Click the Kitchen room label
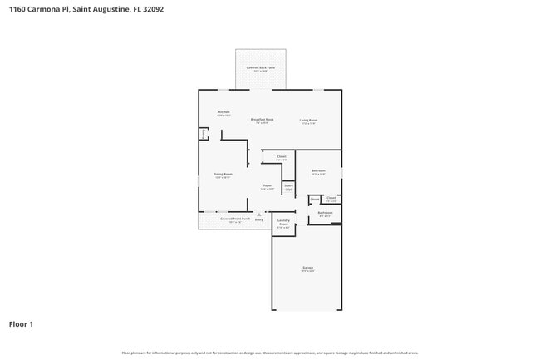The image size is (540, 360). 223,113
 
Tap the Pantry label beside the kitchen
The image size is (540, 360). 204,133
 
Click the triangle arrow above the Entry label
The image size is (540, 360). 258,214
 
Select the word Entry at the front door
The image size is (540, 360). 258,219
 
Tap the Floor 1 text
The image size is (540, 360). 22,324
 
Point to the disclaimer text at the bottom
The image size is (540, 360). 269,353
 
